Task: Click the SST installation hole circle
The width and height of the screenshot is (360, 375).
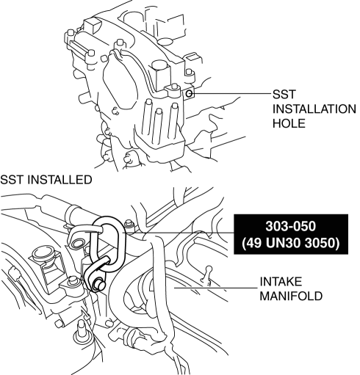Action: point(189,93)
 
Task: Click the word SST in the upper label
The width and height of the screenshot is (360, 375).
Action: point(284,95)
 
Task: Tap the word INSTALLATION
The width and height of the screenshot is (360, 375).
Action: point(314,109)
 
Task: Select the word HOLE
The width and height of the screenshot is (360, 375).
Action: point(289,123)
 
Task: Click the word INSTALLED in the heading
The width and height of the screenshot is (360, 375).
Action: point(60,180)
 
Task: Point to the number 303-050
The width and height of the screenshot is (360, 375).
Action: point(291,226)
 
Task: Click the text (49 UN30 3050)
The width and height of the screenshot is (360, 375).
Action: point(291,243)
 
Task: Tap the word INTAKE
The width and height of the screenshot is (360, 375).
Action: point(281,282)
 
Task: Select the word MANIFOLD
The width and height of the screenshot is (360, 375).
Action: point(291,296)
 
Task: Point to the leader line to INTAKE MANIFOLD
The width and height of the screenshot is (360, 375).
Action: point(215,288)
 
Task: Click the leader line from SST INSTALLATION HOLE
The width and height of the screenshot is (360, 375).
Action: point(231,93)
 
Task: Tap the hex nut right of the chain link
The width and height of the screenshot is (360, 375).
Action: point(129,224)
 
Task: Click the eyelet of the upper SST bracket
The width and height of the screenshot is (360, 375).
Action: point(78,243)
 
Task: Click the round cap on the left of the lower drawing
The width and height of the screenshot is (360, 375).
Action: point(45,255)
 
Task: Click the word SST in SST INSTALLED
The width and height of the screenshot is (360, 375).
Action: point(12,180)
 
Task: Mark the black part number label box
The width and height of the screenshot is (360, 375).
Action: point(291,234)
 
